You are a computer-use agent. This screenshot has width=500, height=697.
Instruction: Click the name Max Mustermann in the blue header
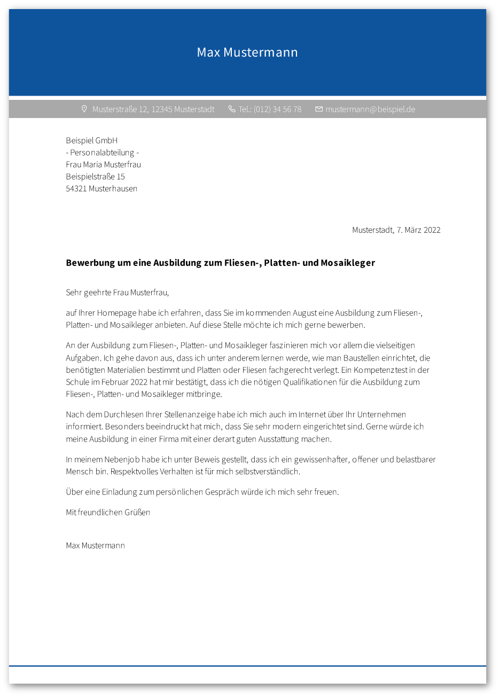coord(247,52)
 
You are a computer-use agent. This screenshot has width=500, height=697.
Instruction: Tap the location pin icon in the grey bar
coord(84,109)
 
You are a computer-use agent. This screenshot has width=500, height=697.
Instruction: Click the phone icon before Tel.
coord(231,109)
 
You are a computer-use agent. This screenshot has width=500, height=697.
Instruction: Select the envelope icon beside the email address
coord(319,109)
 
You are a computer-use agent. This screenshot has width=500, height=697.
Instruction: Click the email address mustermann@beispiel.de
coord(370,109)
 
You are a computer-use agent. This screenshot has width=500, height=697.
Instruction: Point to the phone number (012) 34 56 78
coord(277,109)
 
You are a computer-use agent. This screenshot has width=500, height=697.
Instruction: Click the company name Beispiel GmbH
coord(91,140)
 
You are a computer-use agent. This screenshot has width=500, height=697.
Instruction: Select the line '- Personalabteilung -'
coord(102,153)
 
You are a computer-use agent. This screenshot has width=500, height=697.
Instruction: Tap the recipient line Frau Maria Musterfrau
coord(103,165)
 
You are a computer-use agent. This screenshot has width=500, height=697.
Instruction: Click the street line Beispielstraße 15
coord(95,176)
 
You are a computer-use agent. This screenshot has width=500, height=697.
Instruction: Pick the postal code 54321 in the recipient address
coord(76,189)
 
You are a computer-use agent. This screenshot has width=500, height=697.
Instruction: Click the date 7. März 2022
coord(418,230)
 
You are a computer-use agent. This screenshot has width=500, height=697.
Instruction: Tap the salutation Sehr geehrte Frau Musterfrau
coord(117,293)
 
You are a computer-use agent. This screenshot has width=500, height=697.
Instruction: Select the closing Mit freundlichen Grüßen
coord(108,512)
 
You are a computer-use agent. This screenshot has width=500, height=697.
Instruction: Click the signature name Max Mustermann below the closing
coord(95,545)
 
